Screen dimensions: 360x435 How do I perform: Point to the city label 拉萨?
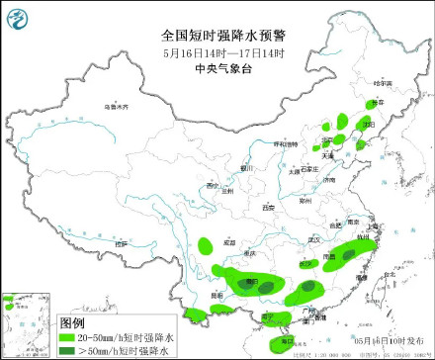pyautogui.click(x=121, y=242)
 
